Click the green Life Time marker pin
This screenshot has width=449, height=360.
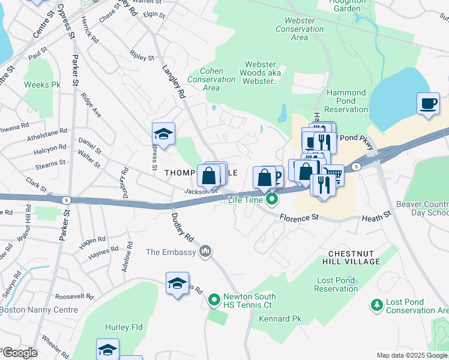[272, 199]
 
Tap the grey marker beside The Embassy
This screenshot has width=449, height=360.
[205, 250]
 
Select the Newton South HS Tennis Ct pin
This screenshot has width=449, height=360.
[214, 299]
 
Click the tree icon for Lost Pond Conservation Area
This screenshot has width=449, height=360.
[376, 305]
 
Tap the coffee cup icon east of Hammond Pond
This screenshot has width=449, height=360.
[428, 103]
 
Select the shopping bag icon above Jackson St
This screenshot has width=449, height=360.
[208, 176]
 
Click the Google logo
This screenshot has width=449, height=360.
[19, 353]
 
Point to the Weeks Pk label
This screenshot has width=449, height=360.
[42, 85]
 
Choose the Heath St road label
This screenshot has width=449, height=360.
[376, 214]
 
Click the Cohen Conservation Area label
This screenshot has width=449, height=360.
[211, 79]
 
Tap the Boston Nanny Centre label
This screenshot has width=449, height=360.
[39, 310]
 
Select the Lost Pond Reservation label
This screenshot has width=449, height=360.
[337, 284]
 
